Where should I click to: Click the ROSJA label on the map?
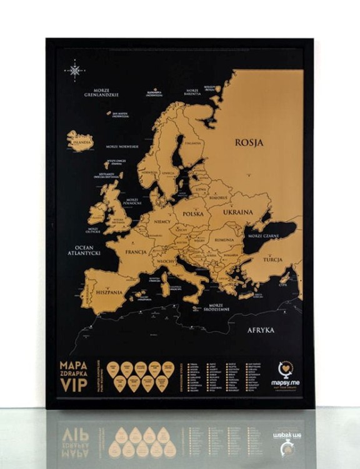click(x=249, y=142)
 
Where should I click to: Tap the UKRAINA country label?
click(x=239, y=212)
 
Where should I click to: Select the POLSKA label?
click(x=193, y=214)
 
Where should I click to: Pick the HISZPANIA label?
click(x=109, y=292)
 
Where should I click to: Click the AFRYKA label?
click(x=261, y=330)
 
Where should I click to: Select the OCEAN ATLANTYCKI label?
click(x=84, y=250)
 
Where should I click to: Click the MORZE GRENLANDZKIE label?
click(x=102, y=93)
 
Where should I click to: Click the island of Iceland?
click(x=80, y=141)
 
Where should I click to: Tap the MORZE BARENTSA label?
click(x=192, y=91)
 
